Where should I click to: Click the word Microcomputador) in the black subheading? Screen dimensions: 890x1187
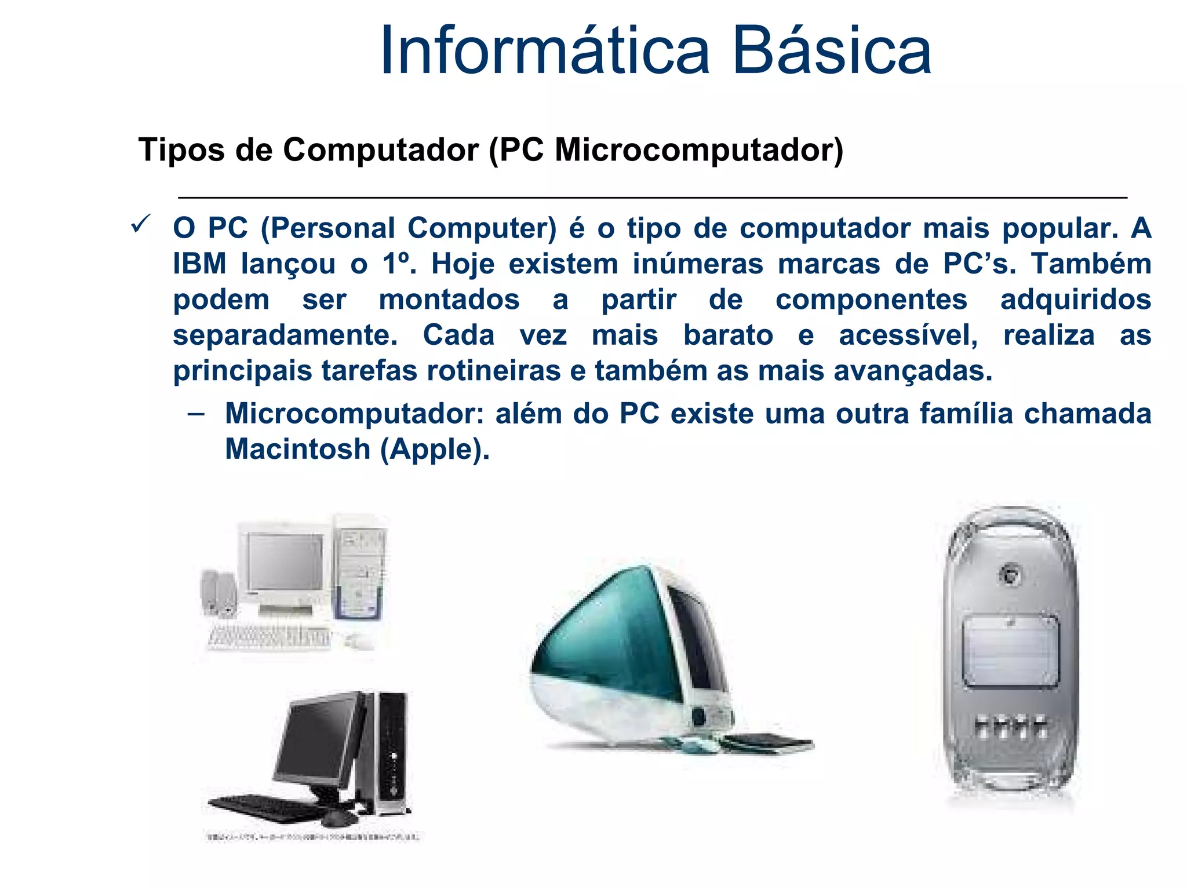(698, 150)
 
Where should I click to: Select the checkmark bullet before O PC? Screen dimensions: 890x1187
(141, 223)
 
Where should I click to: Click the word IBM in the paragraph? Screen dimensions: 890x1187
(199, 264)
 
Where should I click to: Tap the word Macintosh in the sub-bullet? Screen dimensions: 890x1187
(297, 449)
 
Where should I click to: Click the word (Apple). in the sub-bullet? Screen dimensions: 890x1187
(435, 449)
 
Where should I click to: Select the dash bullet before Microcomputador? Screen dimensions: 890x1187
(196, 414)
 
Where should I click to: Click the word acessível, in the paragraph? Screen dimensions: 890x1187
(908, 335)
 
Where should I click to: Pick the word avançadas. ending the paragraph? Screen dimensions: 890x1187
(913, 371)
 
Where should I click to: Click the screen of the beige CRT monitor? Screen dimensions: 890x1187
(284, 561)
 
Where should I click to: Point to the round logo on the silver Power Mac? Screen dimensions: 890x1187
(1011, 574)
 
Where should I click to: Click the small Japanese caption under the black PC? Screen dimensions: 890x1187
(313, 837)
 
